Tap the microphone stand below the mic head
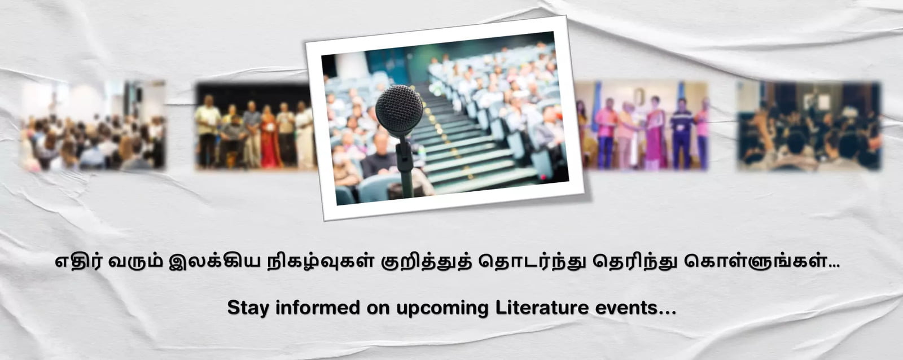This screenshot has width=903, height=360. coord(405,166)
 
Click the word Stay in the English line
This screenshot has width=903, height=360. coord(248,309)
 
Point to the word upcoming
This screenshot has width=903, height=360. coord(442,309)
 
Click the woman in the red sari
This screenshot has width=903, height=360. coord(270,137)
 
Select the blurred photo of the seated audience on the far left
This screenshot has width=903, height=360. coord(94,125)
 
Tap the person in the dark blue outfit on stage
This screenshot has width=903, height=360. coord(681,134)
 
